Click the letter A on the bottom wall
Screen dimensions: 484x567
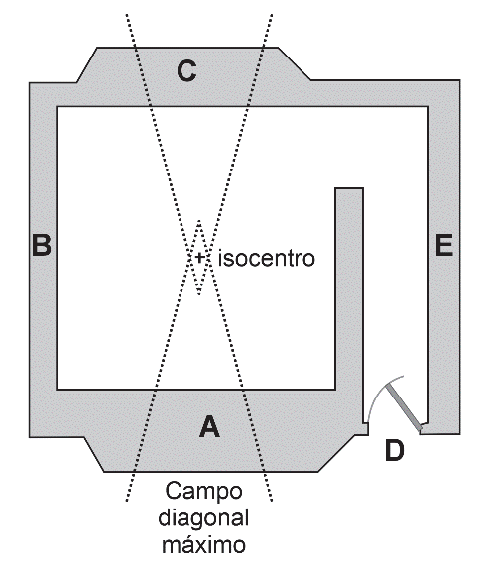pyautogui.click(x=210, y=427)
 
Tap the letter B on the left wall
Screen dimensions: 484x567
pyautogui.click(x=42, y=245)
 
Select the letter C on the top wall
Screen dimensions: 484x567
pyautogui.click(x=187, y=71)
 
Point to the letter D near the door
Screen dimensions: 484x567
pyautogui.click(x=395, y=450)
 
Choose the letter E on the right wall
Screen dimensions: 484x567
pyautogui.click(x=444, y=245)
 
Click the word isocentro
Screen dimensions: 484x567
pyautogui.click(x=267, y=258)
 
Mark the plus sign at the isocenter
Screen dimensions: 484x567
pyautogui.click(x=199, y=258)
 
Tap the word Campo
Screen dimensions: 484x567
pyautogui.click(x=204, y=491)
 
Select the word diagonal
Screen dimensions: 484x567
pyautogui.click(x=203, y=518)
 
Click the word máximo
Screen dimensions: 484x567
pyautogui.click(x=203, y=544)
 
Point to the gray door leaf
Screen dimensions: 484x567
pyautogui.click(x=404, y=407)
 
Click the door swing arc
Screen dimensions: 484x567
pyautogui.click(x=379, y=392)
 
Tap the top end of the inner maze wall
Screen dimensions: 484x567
pyautogui.click(x=349, y=188)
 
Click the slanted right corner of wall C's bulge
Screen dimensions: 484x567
pyautogui.click(x=295, y=63)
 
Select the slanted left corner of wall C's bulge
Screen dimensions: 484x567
pyautogui.click(x=87, y=64)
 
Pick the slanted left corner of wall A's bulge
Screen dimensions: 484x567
pyautogui.click(x=94, y=455)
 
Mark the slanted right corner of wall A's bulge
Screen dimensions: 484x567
pyautogui.click(x=336, y=453)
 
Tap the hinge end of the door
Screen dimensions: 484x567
pyautogui.click(x=422, y=429)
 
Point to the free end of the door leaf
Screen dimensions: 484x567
pyautogui.click(x=387, y=386)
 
